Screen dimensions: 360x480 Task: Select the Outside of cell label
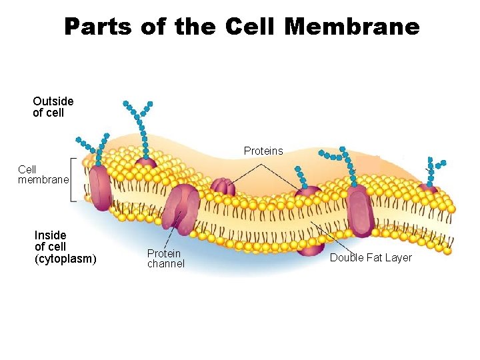(53, 107)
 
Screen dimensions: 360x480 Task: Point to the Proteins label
(263, 151)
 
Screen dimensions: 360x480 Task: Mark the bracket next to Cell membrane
(73, 180)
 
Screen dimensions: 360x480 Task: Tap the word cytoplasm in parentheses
(65, 259)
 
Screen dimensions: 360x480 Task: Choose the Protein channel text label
(165, 259)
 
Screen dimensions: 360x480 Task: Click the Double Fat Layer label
(371, 258)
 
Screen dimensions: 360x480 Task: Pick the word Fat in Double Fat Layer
(375, 258)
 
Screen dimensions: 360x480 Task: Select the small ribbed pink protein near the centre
(223, 187)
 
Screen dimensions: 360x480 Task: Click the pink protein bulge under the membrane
(310, 247)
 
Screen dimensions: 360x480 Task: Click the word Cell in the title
(250, 27)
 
